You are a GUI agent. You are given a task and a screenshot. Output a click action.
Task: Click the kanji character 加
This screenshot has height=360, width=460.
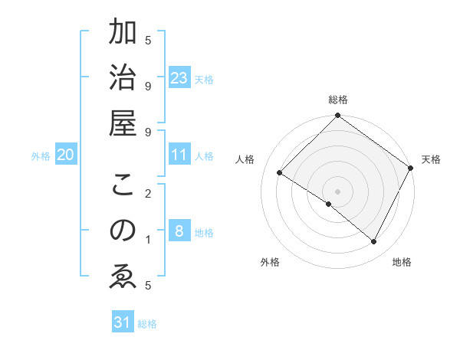pyautogui.click(x=123, y=34)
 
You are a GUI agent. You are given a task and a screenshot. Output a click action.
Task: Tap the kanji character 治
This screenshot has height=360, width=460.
pyautogui.click(x=123, y=78)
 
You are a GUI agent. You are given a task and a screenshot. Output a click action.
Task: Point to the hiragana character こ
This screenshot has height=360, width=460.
pyautogui.click(x=123, y=186)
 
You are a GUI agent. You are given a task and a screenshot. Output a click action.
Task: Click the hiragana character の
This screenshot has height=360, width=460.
pyautogui.click(x=123, y=231)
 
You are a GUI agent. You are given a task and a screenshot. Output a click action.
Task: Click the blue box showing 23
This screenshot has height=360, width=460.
pyautogui.click(x=179, y=77)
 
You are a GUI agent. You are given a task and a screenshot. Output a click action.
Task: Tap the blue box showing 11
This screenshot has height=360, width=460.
pyautogui.click(x=179, y=155)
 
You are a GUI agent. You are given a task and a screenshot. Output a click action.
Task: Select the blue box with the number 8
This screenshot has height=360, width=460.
pyautogui.click(x=179, y=231)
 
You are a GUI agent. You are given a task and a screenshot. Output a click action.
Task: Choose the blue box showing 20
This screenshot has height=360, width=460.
pyautogui.click(x=66, y=155)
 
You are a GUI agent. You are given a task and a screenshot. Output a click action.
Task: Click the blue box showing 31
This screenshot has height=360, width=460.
pyautogui.click(x=123, y=322)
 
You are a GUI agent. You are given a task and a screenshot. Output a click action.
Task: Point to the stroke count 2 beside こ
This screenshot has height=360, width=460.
pyautogui.click(x=148, y=194)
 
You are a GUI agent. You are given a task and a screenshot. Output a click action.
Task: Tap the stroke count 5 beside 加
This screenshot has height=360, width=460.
pyautogui.click(x=148, y=40)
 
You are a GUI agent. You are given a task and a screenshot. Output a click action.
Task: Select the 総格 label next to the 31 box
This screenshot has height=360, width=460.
pyautogui.click(x=147, y=324)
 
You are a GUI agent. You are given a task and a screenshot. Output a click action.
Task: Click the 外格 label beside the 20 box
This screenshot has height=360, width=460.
pyautogui.click(x=41, y=156)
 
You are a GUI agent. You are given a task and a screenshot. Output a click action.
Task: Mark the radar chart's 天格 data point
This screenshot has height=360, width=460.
pyautogui.click(x=411, y=168)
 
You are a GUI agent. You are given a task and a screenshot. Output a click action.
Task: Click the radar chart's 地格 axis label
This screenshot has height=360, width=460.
pyautogui.click(x=402, y=262)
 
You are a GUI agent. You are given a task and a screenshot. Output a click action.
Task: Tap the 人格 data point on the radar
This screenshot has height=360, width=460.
pyautogui.click(x=280, y=173)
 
